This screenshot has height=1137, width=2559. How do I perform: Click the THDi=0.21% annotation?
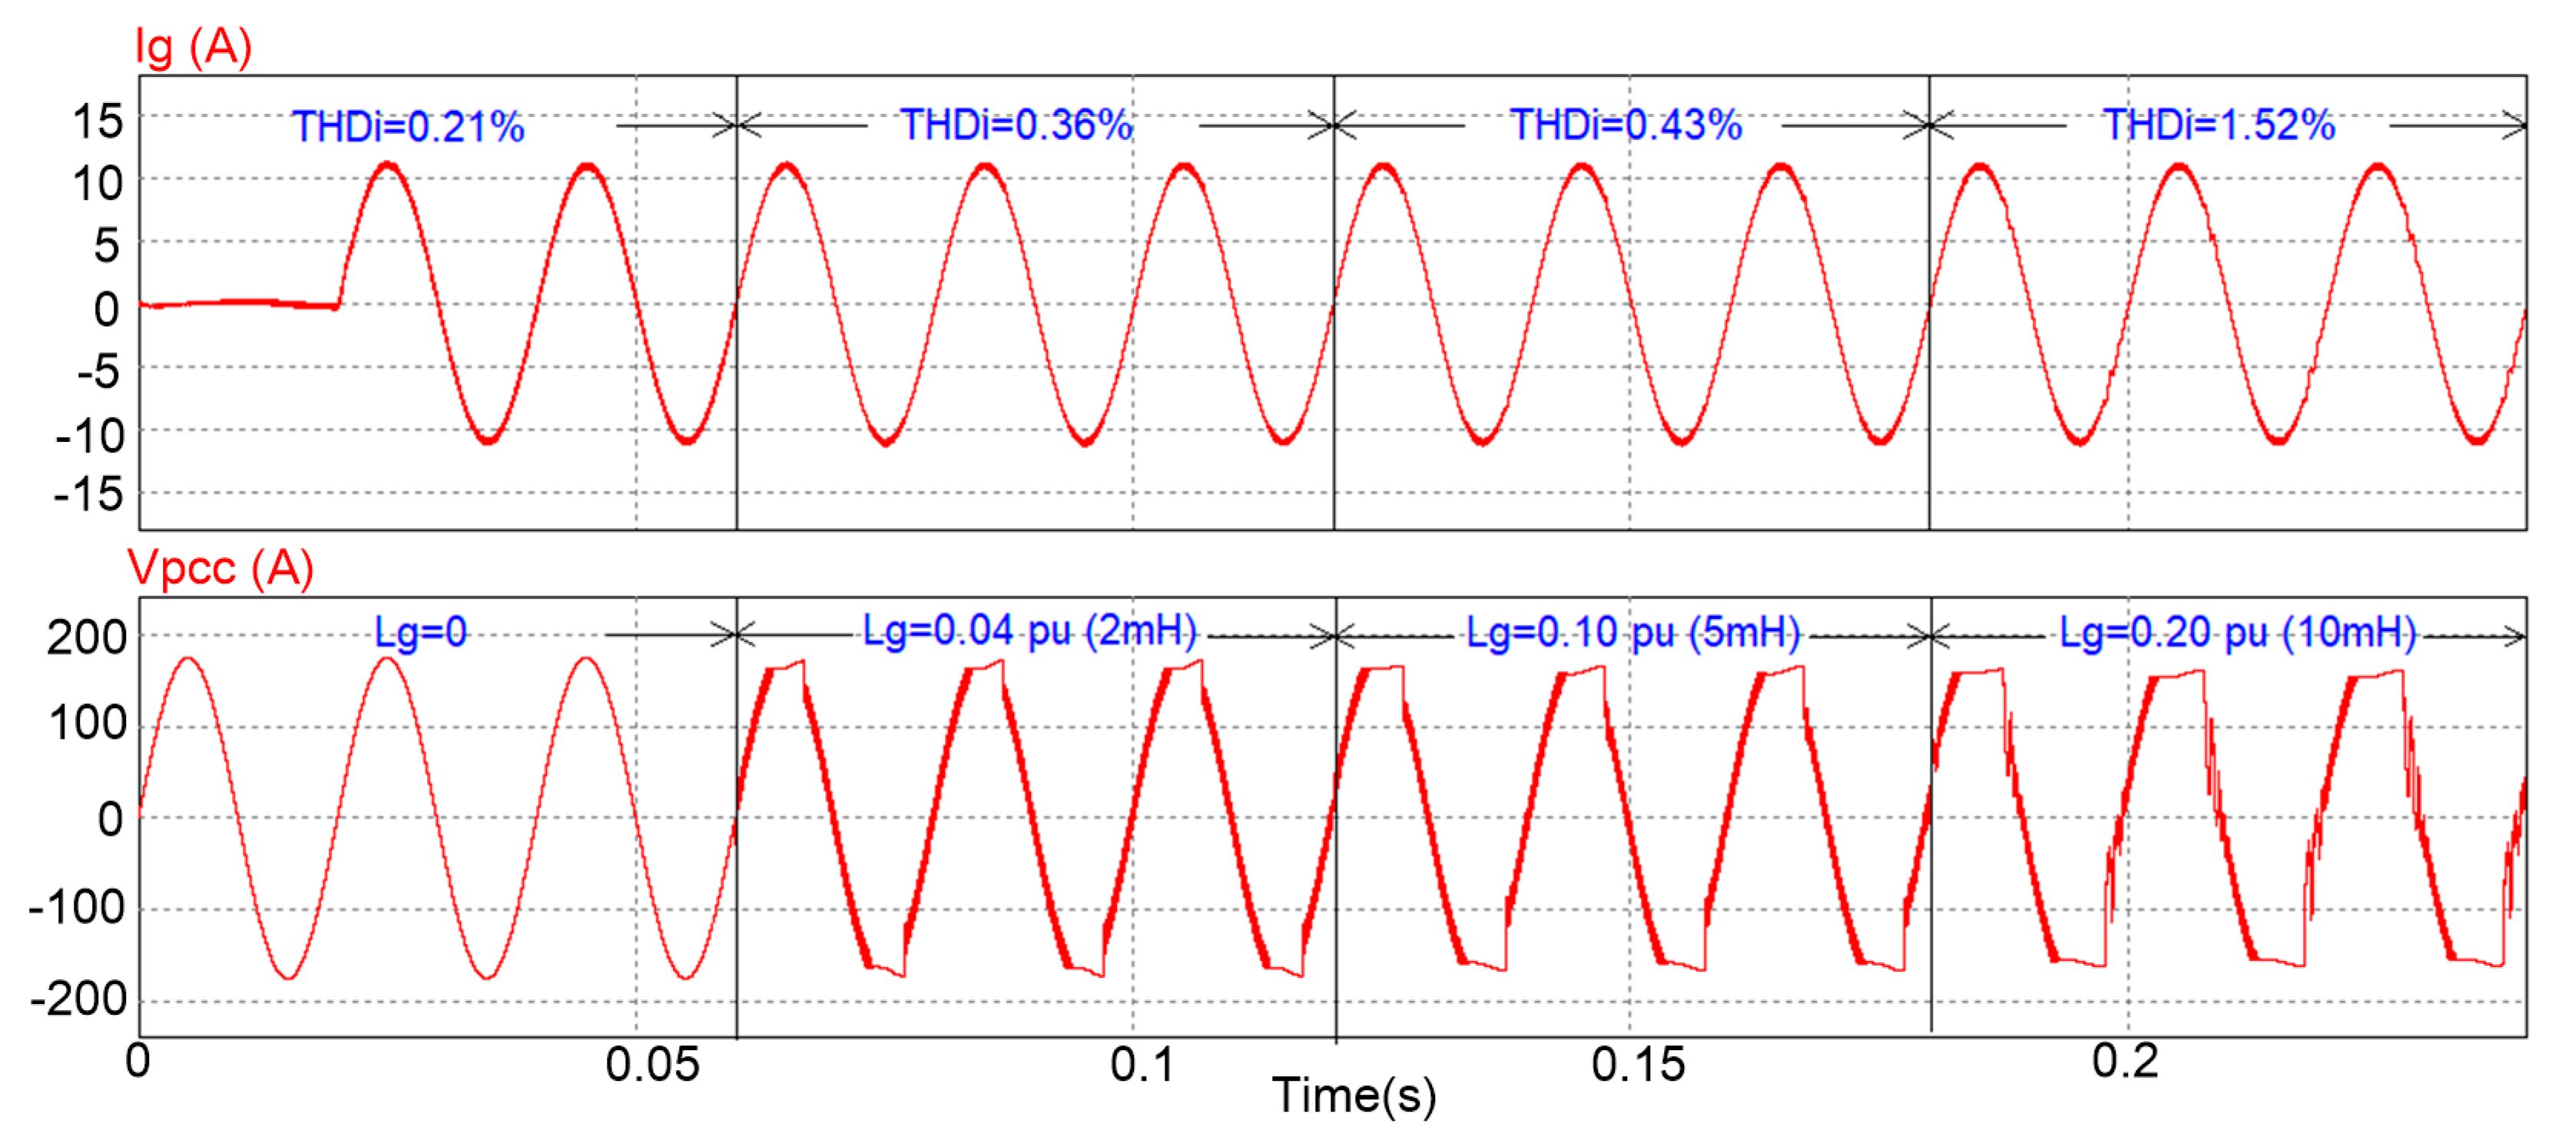[x=408, y=127]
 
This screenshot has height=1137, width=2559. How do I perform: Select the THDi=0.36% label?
[x=1016, y=125]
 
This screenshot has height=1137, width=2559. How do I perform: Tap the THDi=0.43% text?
[x=1626, y=125]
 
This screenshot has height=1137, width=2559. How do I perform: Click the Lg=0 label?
[x=420, y=632]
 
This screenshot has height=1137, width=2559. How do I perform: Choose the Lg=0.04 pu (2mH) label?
[x=1029, y=630]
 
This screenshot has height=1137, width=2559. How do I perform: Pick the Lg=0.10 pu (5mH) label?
[x=1633, y=632]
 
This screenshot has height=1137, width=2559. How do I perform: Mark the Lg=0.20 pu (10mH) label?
[x=2237, y=632]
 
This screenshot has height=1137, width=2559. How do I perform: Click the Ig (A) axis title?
[x=194, y=47]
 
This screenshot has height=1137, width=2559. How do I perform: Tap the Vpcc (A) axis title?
[x=220, y=569]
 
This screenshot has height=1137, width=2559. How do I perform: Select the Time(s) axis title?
[x=1354, y=1095]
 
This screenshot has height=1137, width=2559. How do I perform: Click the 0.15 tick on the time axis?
[x=1637, y=1066]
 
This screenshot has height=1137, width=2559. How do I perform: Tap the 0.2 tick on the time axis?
[x=2124, y=1062]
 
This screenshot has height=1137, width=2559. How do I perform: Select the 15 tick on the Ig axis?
[x=98, y=122]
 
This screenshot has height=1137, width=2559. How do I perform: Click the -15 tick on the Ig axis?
[x=89, y=494]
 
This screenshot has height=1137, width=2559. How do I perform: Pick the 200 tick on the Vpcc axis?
[x=88, y=637]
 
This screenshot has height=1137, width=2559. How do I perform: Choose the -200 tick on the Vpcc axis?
[x=79, y=999]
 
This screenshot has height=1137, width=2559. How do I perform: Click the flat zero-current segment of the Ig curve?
[x=238, y=303]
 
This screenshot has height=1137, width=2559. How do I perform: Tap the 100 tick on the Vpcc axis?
[x=88, y=723]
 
